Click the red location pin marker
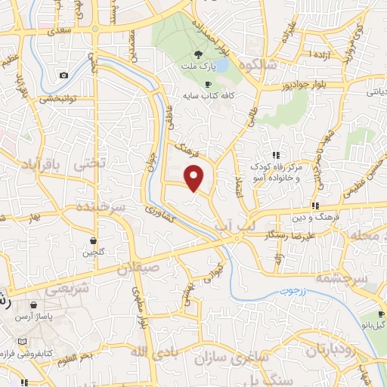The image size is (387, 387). click(195, 177)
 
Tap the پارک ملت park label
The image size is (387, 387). click(199, 67)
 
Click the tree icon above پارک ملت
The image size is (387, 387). click(199, 54)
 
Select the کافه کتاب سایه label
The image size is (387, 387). click(206, 96)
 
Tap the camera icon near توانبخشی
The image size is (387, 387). click(64, 75)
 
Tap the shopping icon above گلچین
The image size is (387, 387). click(93, 240)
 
